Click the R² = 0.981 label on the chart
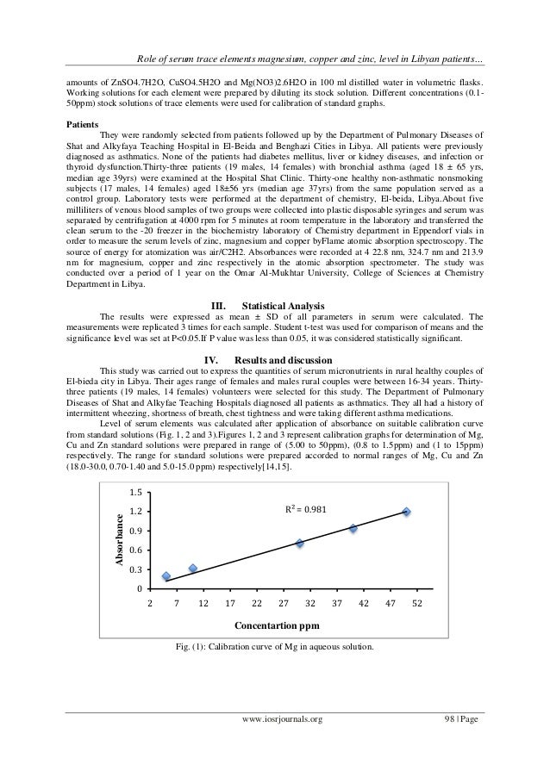point(309,511)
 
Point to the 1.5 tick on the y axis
point(134,492)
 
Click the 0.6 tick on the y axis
point(134,550)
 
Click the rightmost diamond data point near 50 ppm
point(406,512)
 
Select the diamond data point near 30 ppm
point(299,544)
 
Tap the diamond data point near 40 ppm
point(353,528)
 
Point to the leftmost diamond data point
point(166,576)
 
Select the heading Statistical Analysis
point(284,305)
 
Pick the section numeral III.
point(220,305)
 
